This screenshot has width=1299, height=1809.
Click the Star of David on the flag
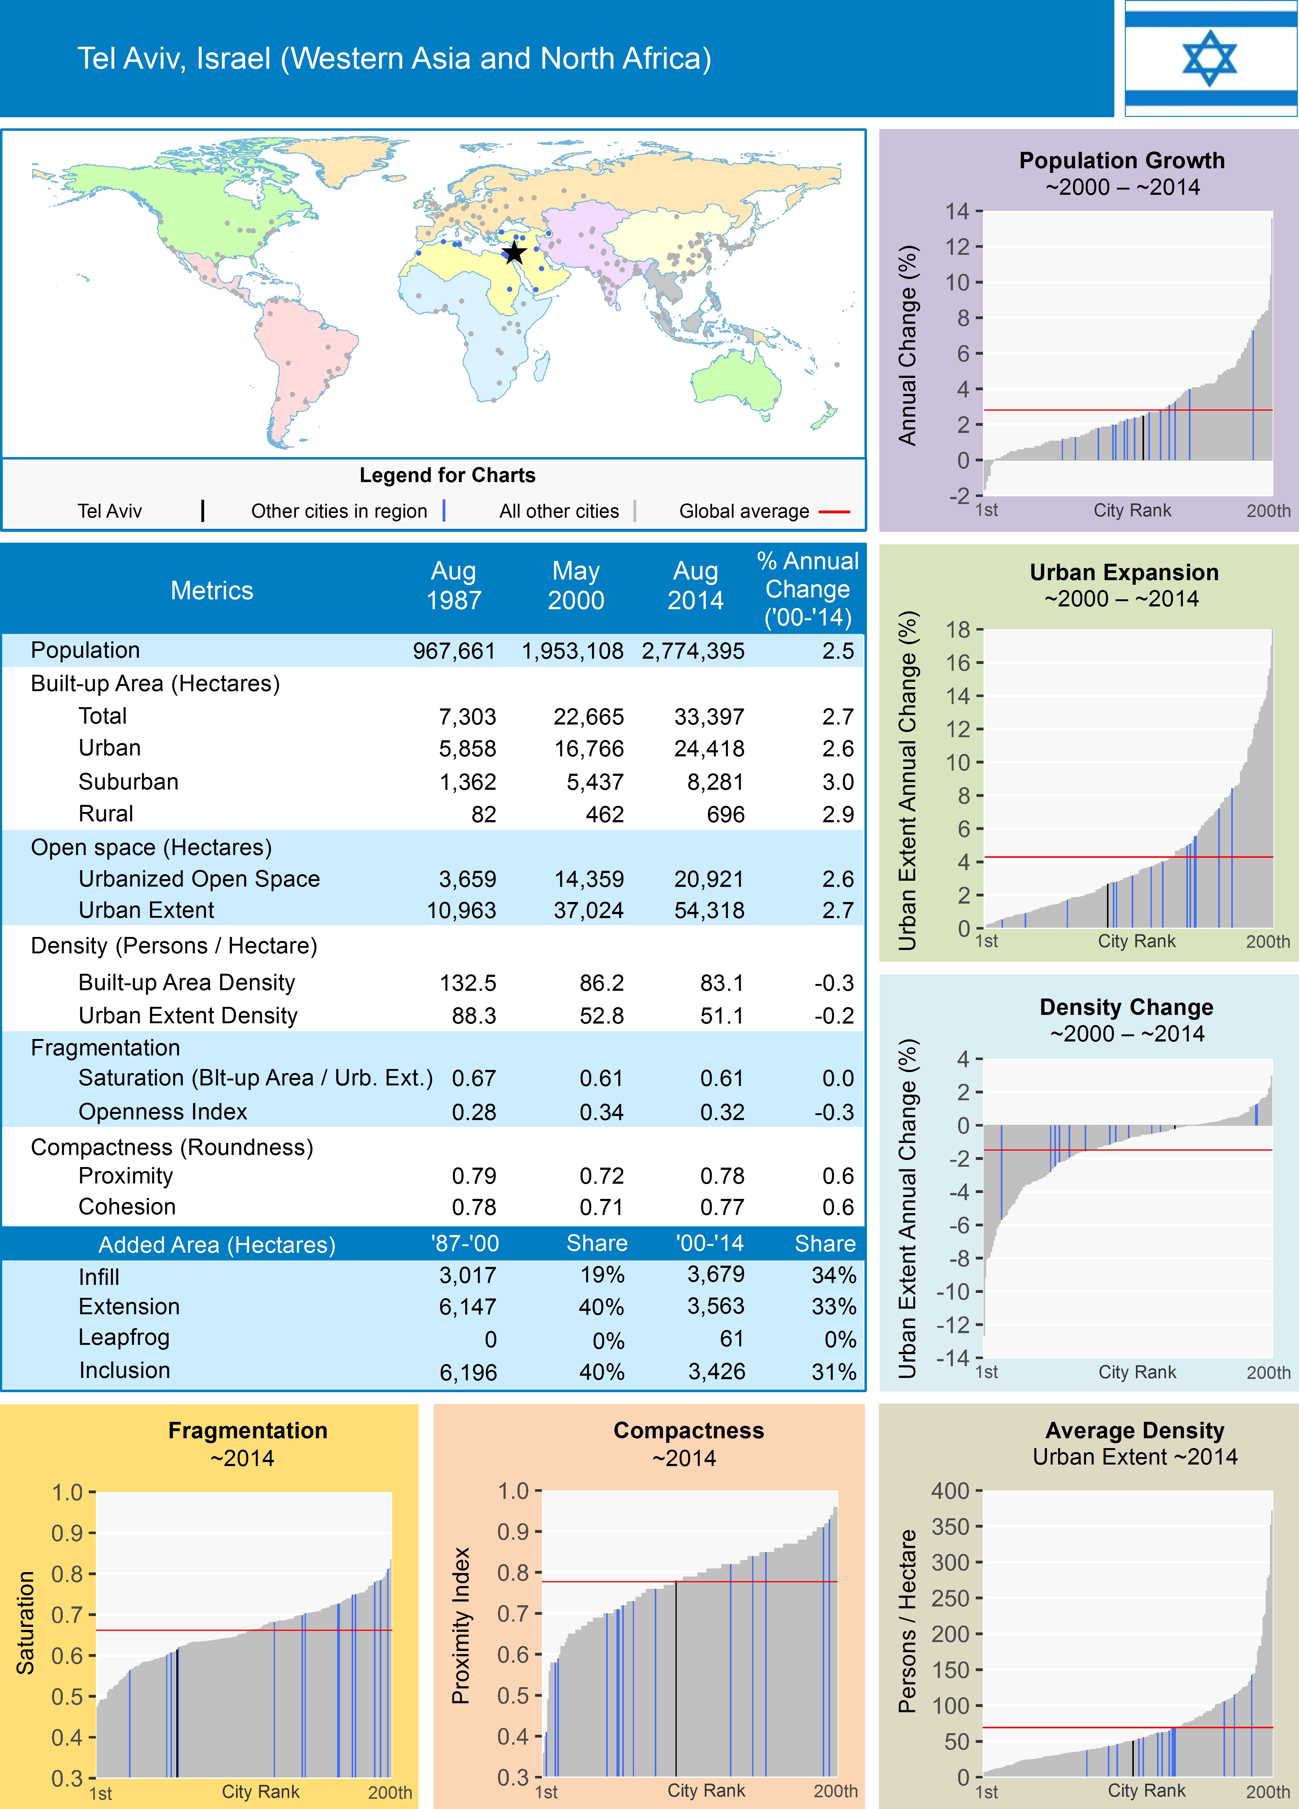point(1210,58)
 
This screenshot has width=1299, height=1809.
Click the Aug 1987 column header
point(454,585)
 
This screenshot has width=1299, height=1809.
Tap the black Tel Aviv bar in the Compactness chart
point(676,1683)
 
